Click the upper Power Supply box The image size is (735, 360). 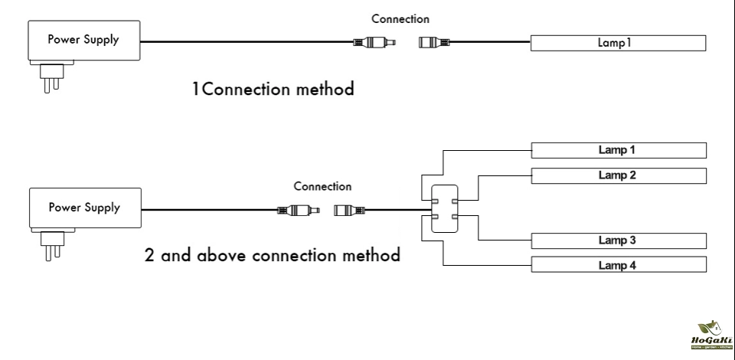coord(83,41)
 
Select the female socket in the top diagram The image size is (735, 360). coord(434,43)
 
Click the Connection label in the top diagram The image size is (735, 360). coord(400,19)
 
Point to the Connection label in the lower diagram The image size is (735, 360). coord(322,186)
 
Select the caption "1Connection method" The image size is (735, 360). coord(273,90)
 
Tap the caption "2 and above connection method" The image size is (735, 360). coord(273,255)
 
